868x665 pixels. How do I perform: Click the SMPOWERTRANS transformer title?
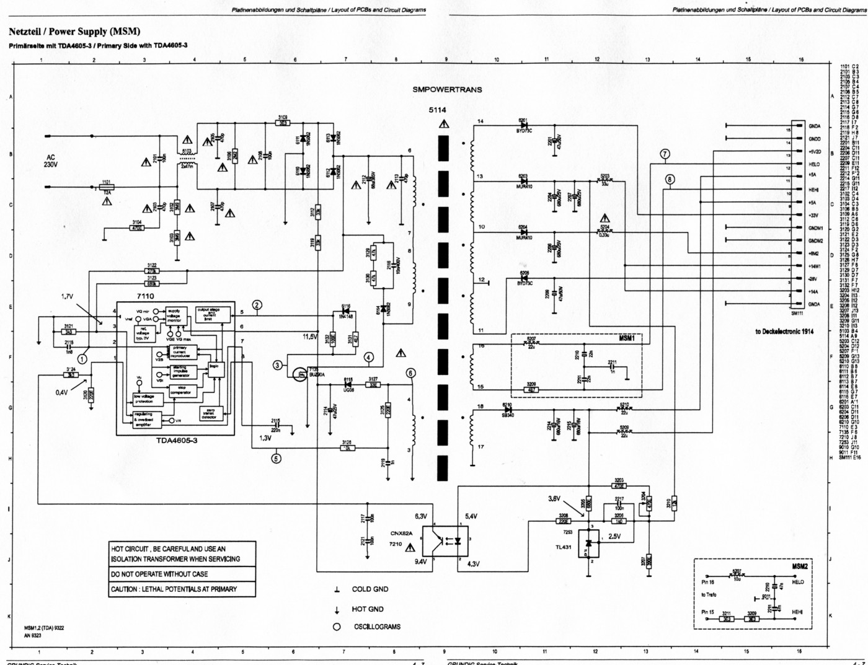447,89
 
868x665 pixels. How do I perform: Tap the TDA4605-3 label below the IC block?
177,441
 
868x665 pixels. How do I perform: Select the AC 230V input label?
50,161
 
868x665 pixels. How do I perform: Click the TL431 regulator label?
564,547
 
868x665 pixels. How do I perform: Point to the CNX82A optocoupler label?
402,533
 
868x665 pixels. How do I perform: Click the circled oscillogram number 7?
665,154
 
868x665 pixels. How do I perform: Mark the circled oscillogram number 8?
670,180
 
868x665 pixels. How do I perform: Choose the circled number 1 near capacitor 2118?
82,358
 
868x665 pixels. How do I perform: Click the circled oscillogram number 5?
277,459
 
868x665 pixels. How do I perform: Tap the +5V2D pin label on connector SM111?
815,152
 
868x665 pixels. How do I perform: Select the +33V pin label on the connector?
813,215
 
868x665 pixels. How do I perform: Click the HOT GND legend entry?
368,609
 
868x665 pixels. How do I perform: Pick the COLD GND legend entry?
370,589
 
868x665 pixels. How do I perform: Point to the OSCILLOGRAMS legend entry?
377,627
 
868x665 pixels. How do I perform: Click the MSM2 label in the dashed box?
799,566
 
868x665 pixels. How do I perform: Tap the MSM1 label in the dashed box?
626,338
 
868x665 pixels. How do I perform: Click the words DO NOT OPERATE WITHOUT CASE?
159,574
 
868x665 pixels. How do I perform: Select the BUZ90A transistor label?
317,374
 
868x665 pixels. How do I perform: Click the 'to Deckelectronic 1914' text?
784,332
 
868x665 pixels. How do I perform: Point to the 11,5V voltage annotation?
310,337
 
